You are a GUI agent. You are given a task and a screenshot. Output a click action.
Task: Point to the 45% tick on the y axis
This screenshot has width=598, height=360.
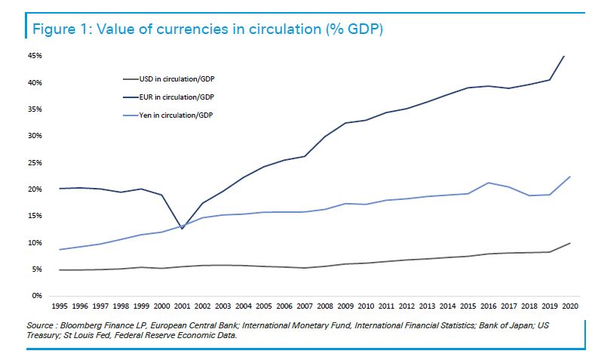35,56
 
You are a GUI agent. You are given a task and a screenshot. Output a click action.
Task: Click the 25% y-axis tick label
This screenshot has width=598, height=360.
35,163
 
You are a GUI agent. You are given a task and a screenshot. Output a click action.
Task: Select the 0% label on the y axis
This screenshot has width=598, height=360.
37,296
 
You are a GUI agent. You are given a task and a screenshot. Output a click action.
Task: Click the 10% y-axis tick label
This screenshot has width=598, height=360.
35,243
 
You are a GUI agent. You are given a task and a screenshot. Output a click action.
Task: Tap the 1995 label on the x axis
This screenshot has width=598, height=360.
60,307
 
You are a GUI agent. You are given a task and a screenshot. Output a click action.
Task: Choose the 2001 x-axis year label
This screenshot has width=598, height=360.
182,307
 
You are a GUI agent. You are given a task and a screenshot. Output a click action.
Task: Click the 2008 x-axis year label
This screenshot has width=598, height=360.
324,307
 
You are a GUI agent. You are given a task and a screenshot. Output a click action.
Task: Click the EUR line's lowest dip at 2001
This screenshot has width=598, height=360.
182,229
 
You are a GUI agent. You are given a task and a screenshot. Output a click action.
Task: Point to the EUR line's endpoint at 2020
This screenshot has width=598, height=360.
564,56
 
